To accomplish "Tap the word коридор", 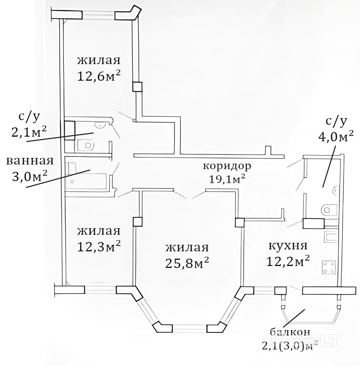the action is click(227, 166).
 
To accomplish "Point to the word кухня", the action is click(288, 246).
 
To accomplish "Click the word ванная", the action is click(30, 161).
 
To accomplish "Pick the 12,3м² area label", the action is click(99, 246).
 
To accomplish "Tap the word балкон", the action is click(290, 332).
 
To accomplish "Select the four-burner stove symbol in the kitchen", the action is click(329, 267).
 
